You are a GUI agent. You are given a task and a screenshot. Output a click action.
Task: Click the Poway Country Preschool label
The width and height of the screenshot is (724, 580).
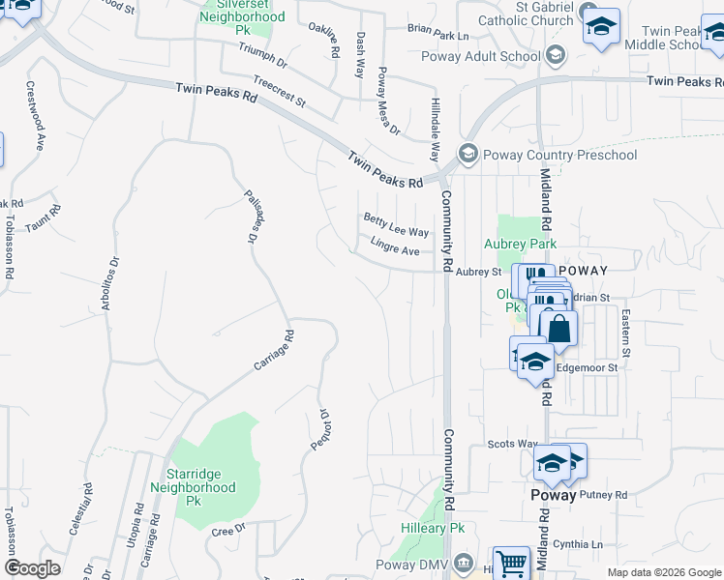tap(561, 155)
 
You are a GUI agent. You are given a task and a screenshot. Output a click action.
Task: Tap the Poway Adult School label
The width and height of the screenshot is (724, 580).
tap(480, 56)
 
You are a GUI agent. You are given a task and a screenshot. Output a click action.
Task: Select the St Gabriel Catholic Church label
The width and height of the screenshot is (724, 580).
tap(530, 13)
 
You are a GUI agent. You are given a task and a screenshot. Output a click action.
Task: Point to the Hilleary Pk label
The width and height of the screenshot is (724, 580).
tap(434, 529)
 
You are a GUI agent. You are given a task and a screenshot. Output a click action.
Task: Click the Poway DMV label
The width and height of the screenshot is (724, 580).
tap(413, 564)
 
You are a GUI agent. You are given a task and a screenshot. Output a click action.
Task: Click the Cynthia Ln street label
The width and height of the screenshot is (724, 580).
tap(585, 544)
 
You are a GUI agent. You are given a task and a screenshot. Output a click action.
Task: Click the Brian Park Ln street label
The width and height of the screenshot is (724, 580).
tap(437, 31)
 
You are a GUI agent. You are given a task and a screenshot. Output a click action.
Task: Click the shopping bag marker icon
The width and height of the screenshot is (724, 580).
tap(559, 328)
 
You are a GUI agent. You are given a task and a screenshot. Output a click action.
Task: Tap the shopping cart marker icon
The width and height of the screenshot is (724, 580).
tap(511, 564)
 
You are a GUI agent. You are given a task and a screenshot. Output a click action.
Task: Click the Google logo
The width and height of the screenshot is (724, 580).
tap(32, 568)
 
